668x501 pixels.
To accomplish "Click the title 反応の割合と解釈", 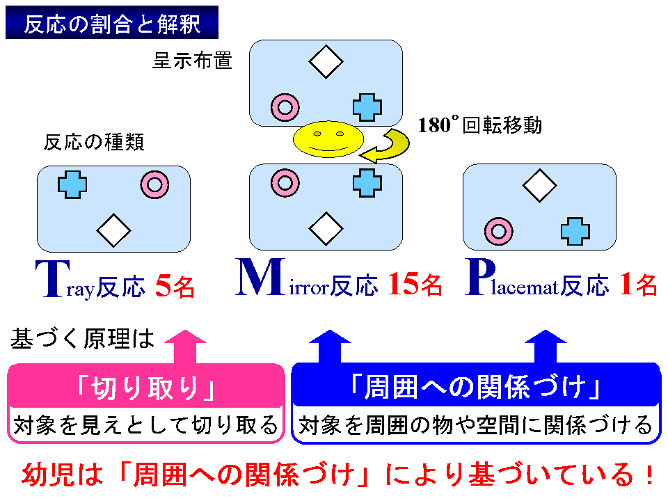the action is (112, 24).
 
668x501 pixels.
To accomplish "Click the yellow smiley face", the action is (328, 139).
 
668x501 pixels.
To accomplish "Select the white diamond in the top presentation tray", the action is (326, 62).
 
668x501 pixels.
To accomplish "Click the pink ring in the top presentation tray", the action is (285, 107).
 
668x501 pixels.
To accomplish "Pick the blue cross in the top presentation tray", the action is (367, 107).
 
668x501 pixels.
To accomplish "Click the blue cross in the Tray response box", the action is (72, 184).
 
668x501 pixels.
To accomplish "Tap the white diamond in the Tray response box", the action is (113, 230).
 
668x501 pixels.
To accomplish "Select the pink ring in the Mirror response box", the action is (285, 183).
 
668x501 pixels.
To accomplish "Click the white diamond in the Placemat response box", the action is (540, 186).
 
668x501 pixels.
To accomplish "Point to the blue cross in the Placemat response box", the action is (575, 231).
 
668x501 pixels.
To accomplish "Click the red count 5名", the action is (175, 285).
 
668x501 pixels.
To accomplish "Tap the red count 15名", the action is (415, 284).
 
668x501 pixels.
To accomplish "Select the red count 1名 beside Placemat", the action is (638, 284).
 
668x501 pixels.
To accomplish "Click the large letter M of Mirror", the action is (260, 277).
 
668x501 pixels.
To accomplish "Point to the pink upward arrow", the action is (185, 347).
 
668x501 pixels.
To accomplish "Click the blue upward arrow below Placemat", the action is (546, 347).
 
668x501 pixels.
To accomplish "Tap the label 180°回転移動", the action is (479, 125).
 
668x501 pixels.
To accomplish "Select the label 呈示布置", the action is (193, 61).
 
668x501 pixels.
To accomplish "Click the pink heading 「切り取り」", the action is (145, 388).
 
